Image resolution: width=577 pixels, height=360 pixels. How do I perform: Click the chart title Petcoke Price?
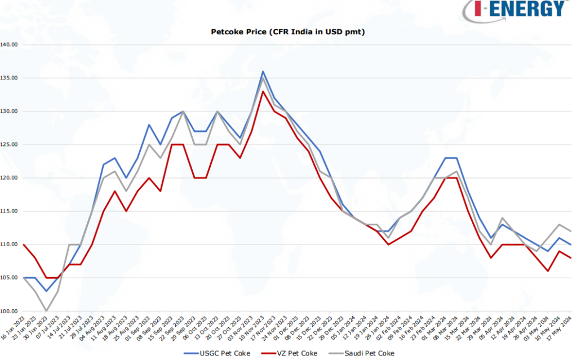287,32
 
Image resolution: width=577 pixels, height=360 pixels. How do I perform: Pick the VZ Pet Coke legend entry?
296,353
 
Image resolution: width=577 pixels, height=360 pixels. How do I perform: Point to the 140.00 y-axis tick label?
10,44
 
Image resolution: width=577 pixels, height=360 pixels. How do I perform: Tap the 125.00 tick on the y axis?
10,144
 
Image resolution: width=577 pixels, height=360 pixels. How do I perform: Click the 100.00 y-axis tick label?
10,311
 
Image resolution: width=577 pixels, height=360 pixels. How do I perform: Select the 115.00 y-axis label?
10,211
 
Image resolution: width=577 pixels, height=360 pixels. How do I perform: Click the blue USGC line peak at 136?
263,72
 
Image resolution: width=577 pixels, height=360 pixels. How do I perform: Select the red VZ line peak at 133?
263,91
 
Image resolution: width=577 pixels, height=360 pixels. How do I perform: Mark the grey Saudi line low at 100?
46,311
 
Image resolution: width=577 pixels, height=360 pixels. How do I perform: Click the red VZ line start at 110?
23,245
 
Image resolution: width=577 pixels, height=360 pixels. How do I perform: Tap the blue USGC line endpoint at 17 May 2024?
571,245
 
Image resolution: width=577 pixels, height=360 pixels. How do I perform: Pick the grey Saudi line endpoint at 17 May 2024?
571,231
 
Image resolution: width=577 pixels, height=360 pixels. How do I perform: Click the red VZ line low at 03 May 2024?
548,271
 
